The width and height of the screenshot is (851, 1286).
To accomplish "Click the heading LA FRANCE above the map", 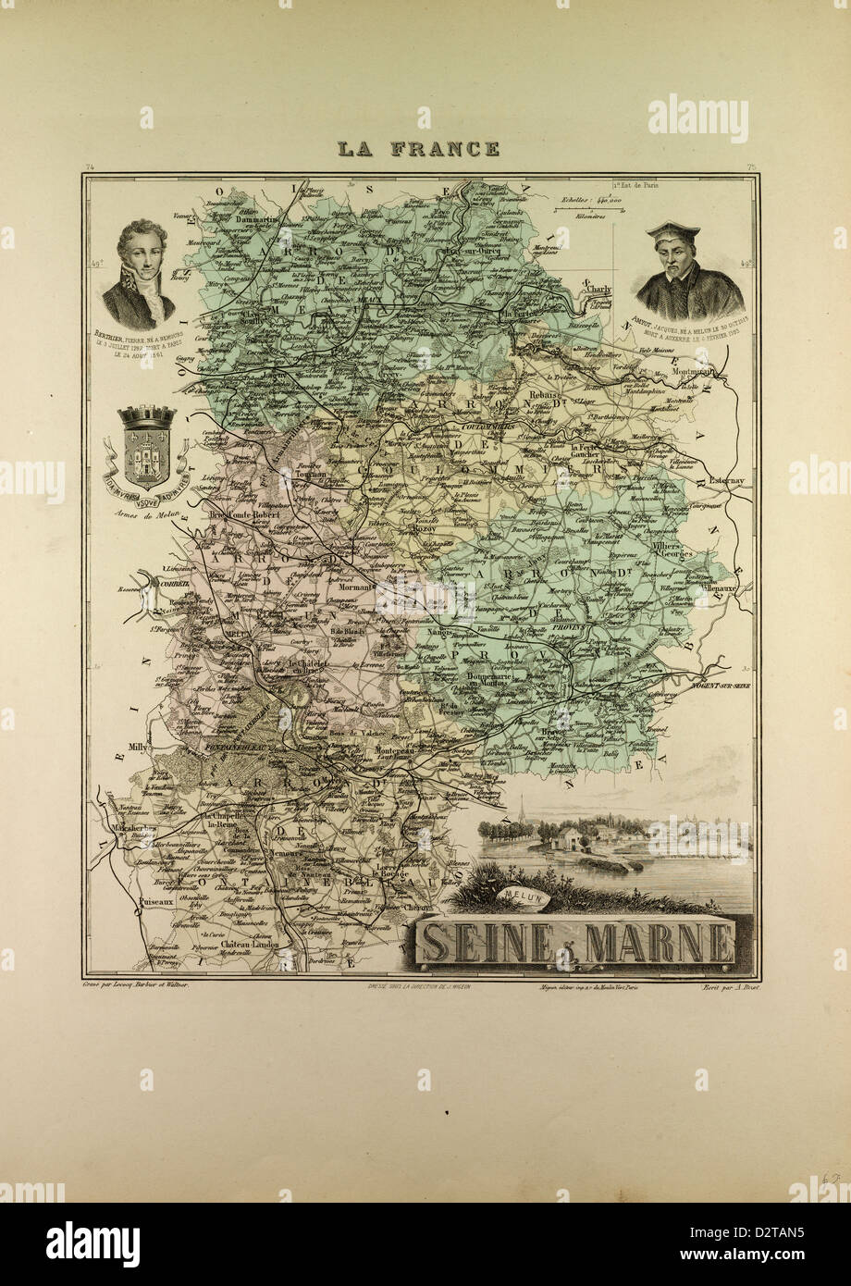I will (x=417, y=148).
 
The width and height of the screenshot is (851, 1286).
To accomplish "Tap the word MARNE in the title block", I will (x=660, y=942).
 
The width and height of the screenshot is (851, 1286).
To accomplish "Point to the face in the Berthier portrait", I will (x=142, y=251).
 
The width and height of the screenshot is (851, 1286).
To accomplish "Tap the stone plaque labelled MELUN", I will (x=522, y=896).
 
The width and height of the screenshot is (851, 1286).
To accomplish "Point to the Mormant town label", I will (x=353, y=587).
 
